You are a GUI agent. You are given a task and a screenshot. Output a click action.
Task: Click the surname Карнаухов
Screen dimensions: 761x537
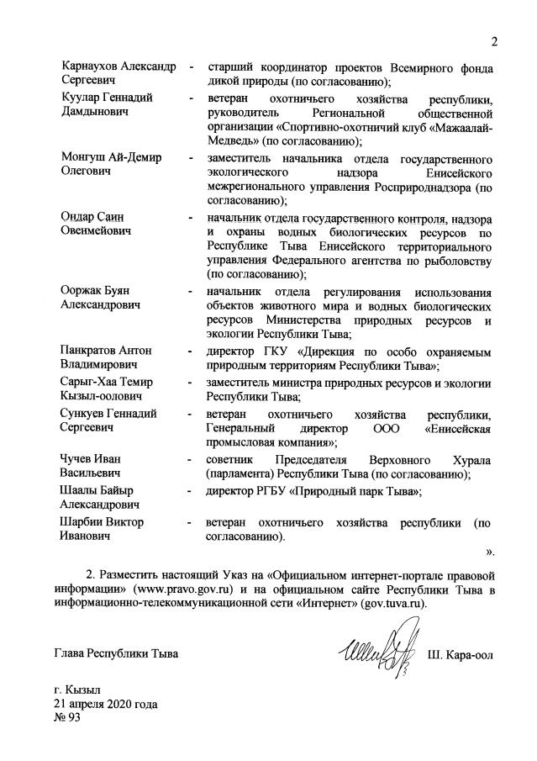[93, 67]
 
